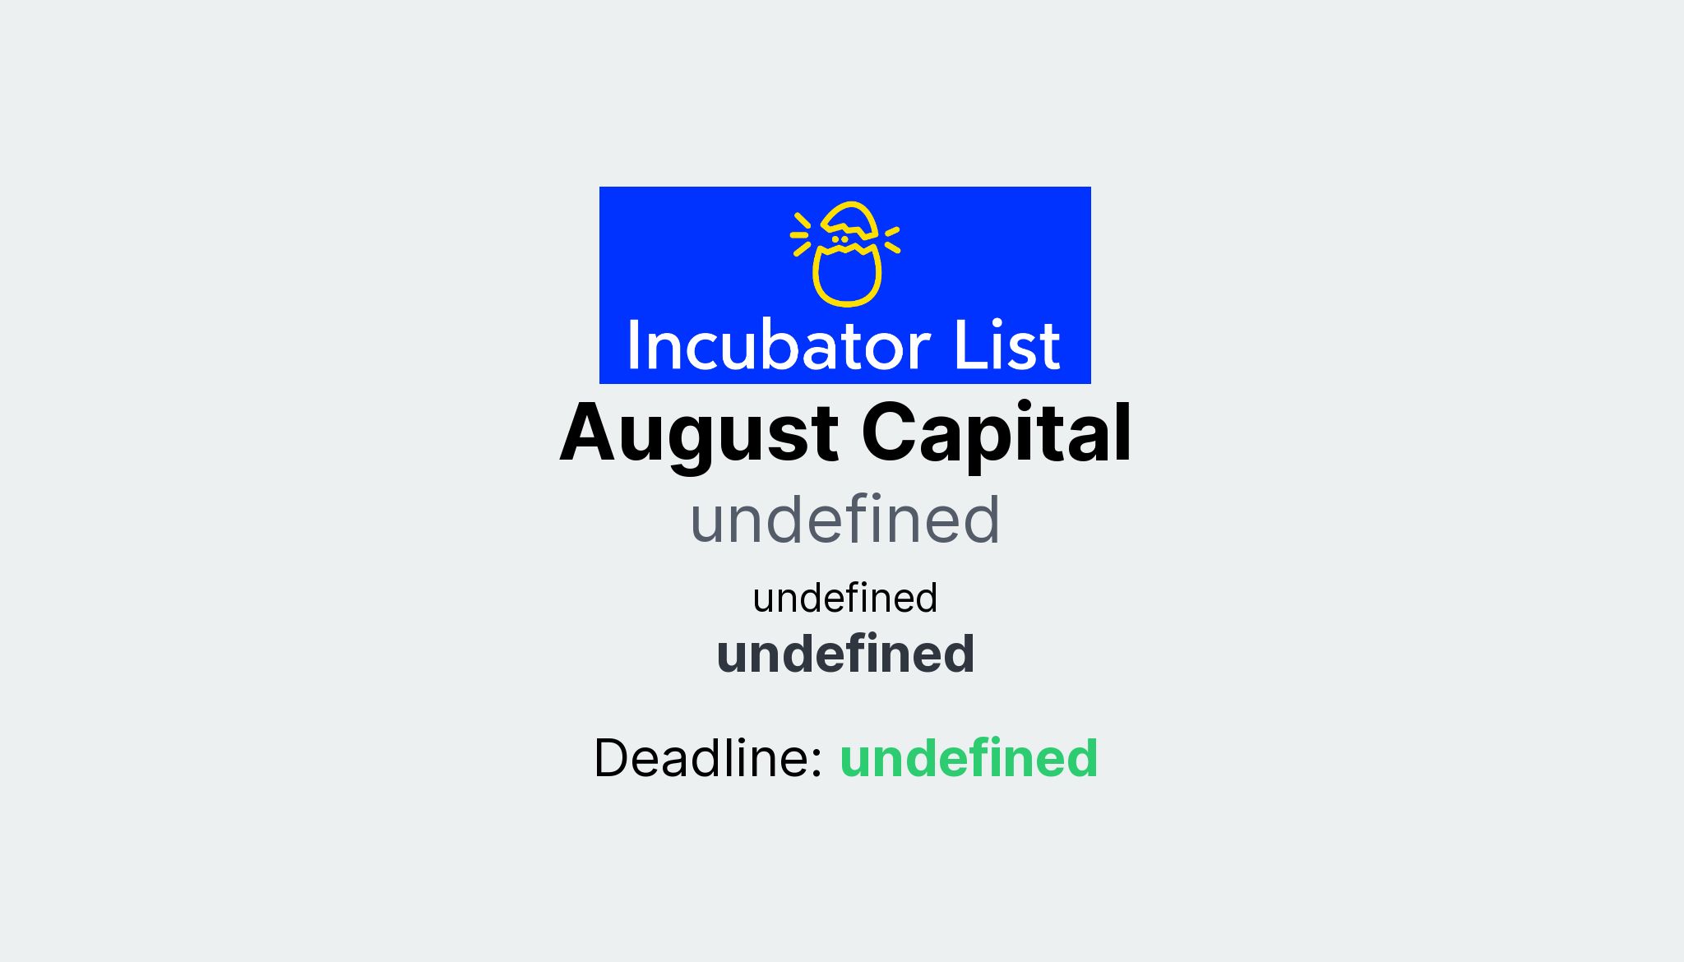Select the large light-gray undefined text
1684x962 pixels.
point(844,520)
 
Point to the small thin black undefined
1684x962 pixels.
point(844,598)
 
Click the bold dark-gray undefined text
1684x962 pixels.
point(845,654)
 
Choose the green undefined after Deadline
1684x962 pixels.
point(969,758)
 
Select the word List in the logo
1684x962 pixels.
point(1006,345)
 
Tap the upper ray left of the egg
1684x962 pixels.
point(803,220)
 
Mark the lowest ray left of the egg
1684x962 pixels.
point(802,248)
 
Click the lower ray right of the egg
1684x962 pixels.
point(892,247)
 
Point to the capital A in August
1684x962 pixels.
point(587,433)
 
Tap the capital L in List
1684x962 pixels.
point(965,345)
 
